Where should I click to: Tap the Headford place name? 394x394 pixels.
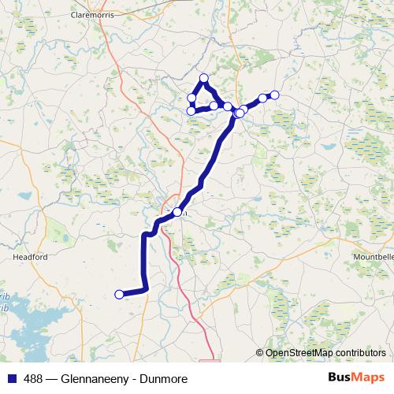[30, 257]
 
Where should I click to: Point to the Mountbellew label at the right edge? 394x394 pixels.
[373, 257]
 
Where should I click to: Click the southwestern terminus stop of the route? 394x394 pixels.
[119, 295]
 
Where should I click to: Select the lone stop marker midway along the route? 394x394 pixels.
[177, 212]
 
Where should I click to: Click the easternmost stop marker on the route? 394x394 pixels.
[275, 95]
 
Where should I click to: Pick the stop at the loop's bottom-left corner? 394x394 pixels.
[191, 111]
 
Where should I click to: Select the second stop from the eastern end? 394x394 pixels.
[263, 98]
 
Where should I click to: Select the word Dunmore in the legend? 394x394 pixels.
[164, 378]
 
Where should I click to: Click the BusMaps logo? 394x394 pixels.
[355, 377]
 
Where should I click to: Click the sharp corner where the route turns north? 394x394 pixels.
[145, 291]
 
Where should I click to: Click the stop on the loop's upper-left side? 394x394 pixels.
[191, 98]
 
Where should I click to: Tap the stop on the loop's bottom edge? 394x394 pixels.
[214, 106]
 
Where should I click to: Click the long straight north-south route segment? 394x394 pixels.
[143, 264]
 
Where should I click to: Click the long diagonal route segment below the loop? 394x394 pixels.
[213, 158]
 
